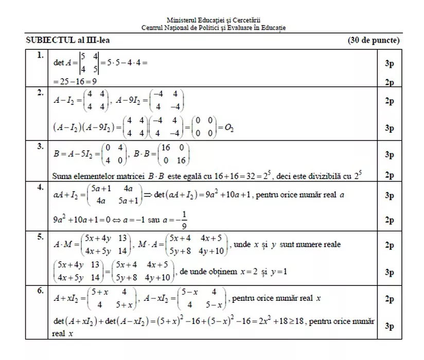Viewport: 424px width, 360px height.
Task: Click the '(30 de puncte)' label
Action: pyautogui.click(x=374, y=40)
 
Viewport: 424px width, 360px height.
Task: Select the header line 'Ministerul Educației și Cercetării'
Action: pyautogui.click(x=214, y=20)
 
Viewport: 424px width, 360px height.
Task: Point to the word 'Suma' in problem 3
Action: pyautogui.click(x=62, y=176)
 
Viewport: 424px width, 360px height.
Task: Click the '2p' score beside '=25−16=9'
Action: pyautogui.click(x=390, y=82)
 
